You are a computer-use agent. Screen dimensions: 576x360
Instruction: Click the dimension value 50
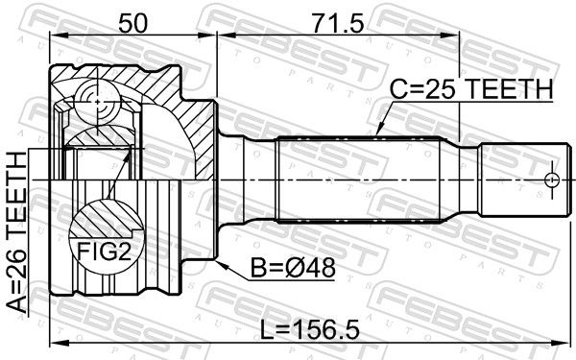click(132, 23)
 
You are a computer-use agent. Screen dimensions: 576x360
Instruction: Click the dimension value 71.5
click(338, 23)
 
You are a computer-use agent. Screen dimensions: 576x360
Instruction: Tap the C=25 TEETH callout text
click(471, 89)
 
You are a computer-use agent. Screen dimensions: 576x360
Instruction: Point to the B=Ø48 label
click(293, 268)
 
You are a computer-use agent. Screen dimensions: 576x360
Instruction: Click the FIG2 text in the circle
click(104, 252)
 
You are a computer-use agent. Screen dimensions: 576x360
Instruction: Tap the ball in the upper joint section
click(97, 102)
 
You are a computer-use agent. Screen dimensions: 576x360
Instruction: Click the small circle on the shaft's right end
click(551, 180)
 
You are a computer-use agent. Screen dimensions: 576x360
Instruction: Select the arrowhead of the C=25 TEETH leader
click(379, 132)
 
